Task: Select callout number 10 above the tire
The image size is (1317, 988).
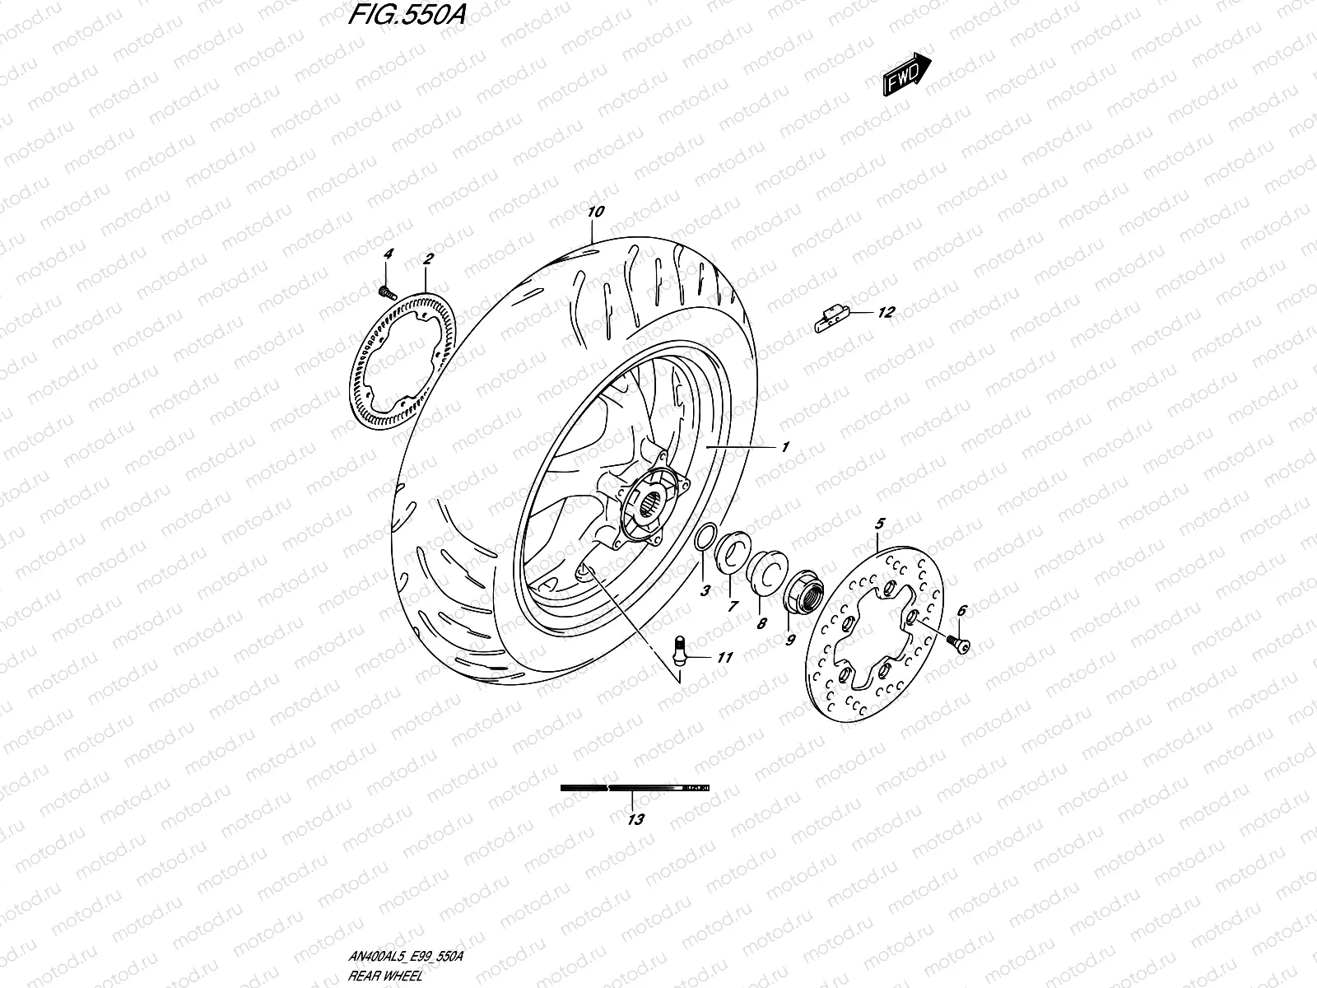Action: coord(596,212)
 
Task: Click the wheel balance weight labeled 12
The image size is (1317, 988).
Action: coord(831,318)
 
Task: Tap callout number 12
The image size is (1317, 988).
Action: coord(886,313)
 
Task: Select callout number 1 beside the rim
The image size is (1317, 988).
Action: coord(785,447)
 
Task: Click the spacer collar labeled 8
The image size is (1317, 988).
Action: coord(765,570)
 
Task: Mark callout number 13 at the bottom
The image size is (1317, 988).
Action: coord(635,819)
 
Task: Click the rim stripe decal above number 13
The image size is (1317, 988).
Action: coord(634,788)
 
